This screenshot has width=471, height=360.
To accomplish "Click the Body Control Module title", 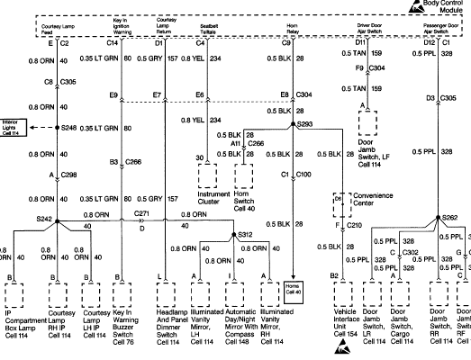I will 444,8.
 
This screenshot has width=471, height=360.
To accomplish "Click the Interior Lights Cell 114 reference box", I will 15,129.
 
